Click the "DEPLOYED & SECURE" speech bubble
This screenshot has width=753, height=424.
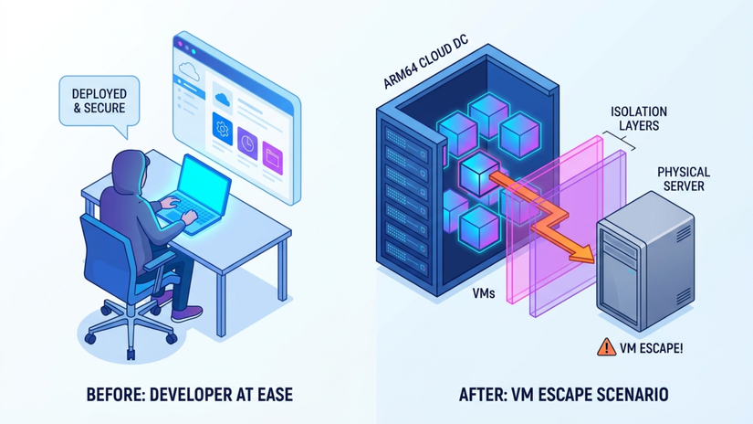coord(99,102)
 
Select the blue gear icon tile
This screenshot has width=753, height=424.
coord(223,129)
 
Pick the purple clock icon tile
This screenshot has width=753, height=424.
coord(247,143)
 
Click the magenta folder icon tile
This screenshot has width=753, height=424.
coord(272,158)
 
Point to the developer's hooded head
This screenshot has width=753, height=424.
coord(130,170)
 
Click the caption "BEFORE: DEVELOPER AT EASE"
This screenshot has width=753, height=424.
coord(190,395)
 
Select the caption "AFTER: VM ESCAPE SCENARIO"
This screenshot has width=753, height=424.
coord(564,395)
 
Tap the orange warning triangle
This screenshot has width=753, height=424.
coord(607,346)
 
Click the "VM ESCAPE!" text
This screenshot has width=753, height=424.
coord(651,348)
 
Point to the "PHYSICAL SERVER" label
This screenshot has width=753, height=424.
coord(684,179)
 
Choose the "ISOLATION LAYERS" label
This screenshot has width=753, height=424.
coord(639,118)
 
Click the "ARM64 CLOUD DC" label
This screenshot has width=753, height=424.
coord(426,61)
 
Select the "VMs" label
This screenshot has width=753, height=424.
coord(484,292)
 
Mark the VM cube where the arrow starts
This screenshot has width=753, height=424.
coord(479,173)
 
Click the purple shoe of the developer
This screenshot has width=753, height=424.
coord(186,313)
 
